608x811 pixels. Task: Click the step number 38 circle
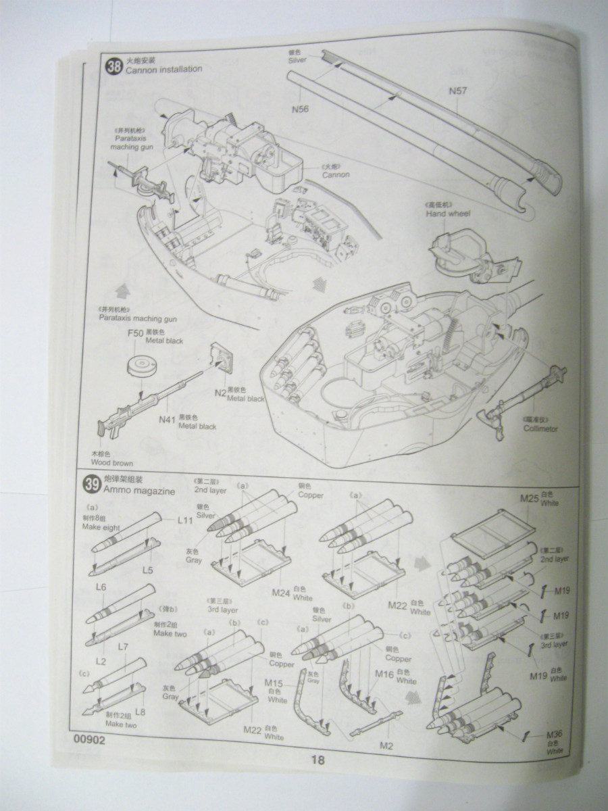pyautogui.click(x=113, y=66)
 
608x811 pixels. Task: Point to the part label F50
pyautogui.click(x=136, y=333)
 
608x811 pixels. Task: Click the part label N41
pyautogui.click(x=168, y=420)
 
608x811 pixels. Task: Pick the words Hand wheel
pyautogui.click(x=448, y=214)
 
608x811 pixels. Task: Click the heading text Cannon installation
pyautogui.click(x=158, y=69)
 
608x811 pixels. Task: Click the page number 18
pyautogui.click(x=318, y=760)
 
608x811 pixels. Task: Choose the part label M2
pyautogui.click(x=386, y=745)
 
